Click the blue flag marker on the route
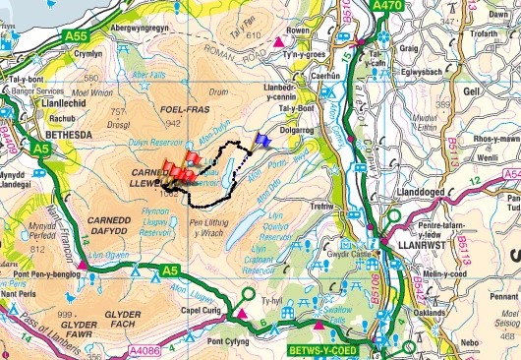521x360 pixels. (261, 140)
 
